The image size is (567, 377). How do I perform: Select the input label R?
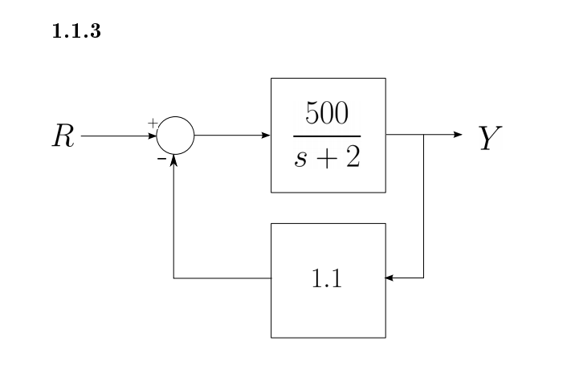pos(63,136)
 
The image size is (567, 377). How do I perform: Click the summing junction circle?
pos(175,136)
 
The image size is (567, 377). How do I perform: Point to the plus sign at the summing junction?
pos(153,124)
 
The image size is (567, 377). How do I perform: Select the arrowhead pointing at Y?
pos(459,136)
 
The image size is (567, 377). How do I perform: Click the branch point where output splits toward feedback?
pos(423,136)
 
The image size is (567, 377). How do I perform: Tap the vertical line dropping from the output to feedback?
pos(423,209)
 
